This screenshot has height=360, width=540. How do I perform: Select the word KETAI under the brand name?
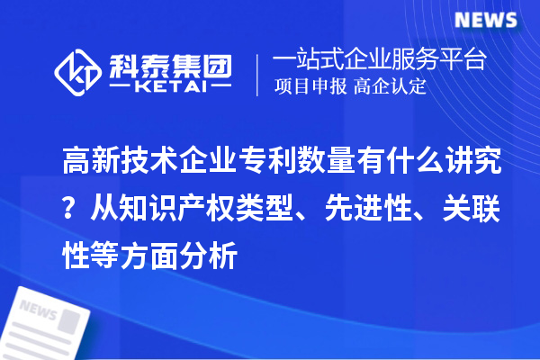click(x=170, y=89)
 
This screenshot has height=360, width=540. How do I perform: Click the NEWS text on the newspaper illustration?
click(x=40, y=309)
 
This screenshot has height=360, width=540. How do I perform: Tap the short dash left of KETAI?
click(x=122, y=89)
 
